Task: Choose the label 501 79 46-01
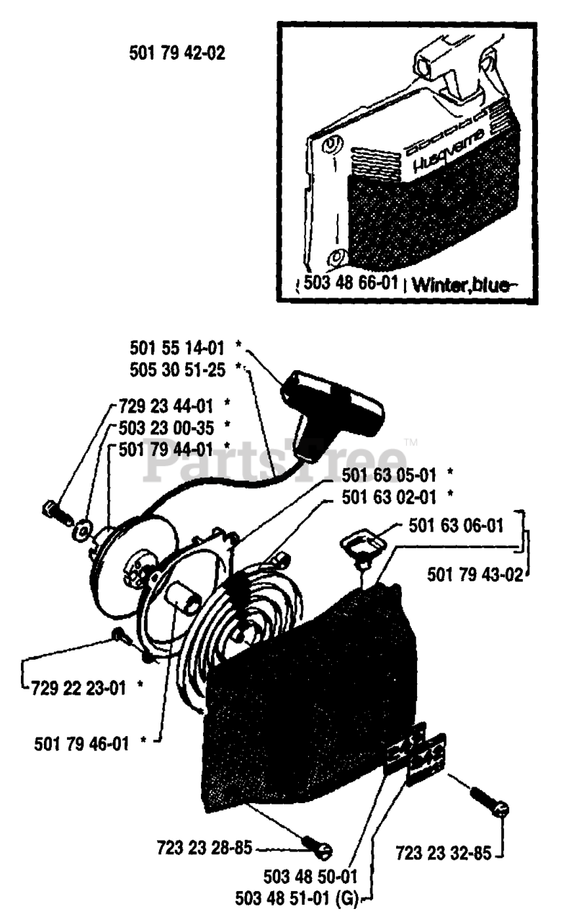pos(82,742)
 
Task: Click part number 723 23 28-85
pos(204,848)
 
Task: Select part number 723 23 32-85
pos(443,855)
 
